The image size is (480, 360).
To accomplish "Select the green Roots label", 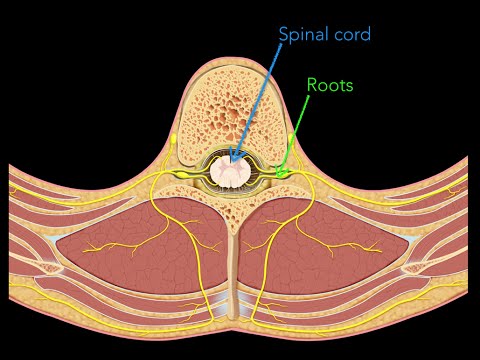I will (x=329, y=85).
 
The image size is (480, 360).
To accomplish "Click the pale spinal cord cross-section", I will (x=232, y=172).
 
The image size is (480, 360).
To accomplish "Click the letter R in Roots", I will (x=311, y=85).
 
